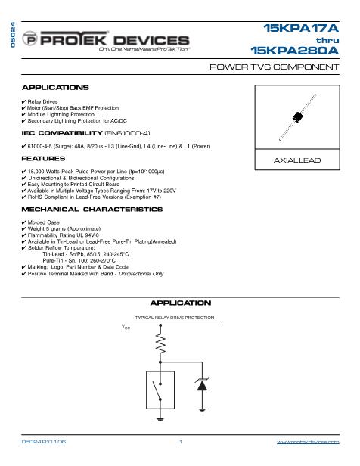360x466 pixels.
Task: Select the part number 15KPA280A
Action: pyautogui.click(x=297, y=51)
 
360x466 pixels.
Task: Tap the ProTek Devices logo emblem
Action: pyautogui.click(x=31, y=39)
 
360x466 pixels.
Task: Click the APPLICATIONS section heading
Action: pyautogui.click(x=55, y=88)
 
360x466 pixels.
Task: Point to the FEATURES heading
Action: pyautogui.click(x=43, y=159)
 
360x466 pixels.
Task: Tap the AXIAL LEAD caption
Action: pyautogui.click(x=296, y=161)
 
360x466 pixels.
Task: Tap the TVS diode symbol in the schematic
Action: pyautogui.click(x=202, y=384)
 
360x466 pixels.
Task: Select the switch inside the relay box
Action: pyautogui.click(x=160, y=391)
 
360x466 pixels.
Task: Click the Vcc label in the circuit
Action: pyautogui.click(x=126, y=326)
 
